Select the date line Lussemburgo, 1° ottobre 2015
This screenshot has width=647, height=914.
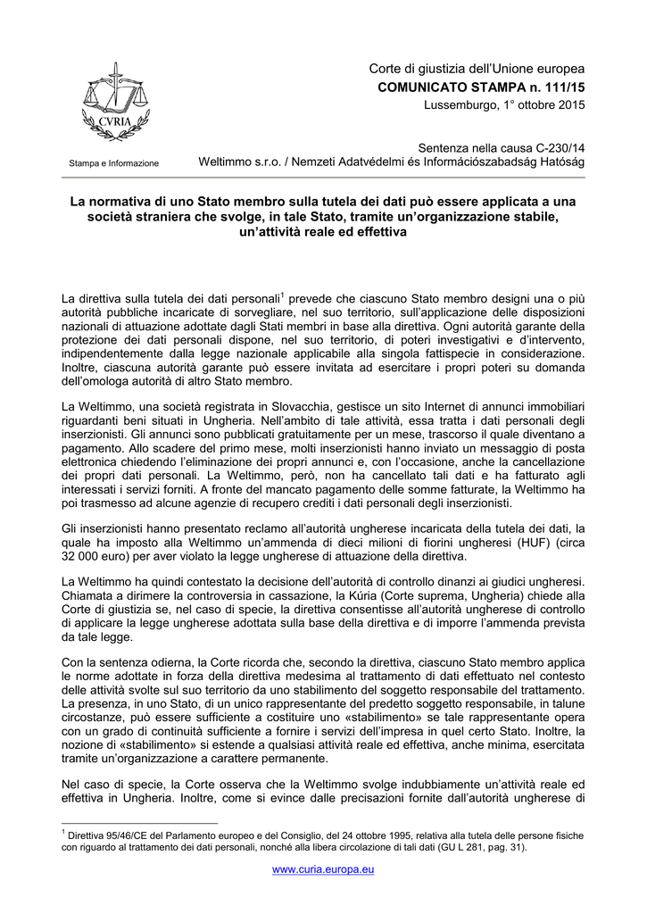(x=504, y=106)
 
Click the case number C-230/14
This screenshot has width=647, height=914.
(x=555, y=146)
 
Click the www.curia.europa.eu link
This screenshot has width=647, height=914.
(x=323, y=868)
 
